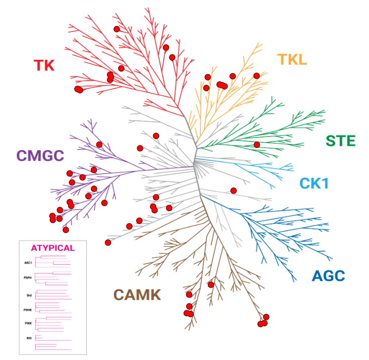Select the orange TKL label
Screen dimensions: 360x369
pyautogui.click(x=292, y=60)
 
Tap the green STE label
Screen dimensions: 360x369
pyautogui.click(x=340, y=141)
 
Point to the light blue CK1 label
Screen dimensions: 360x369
pyautogui.click(x=314, y=184)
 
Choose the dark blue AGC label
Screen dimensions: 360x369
pyautogui.click(x=328, y=276)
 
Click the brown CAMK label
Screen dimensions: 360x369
pyautogui.click(x=137, y=295)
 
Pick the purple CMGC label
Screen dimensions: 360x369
pyautogui.click(x=41, y=155)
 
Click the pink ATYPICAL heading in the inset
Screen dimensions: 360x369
pyautogui.click(x=53, y=248)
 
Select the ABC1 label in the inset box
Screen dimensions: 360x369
pyautogui.click(x=28, y=262)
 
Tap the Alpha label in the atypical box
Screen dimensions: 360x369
pyautogui.click(x=28, y=277)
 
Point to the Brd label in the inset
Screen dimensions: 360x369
pyautogui.click(x=29, y=295)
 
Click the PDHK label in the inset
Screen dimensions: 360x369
pyautogui.click(x=28, y=310)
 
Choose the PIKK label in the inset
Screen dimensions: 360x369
pyautogui.click(x=29, y=323)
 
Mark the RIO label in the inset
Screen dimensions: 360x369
pyautogui.click(x=29, y=338)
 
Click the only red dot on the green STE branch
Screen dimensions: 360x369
pyautogui.click(x=257, y=145)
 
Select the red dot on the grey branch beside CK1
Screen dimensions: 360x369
pyautogui.click(x=233, y=191)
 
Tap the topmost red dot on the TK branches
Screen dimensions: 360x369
pyautogui.click(x=117, y=29)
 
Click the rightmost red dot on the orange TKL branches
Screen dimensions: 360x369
pyautogui.click(x=257, y=76)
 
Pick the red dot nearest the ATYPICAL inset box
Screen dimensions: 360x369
pyautogui.click(x=108, y=243)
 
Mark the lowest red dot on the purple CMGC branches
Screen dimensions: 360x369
pyautogui.click(x=66, y=230)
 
